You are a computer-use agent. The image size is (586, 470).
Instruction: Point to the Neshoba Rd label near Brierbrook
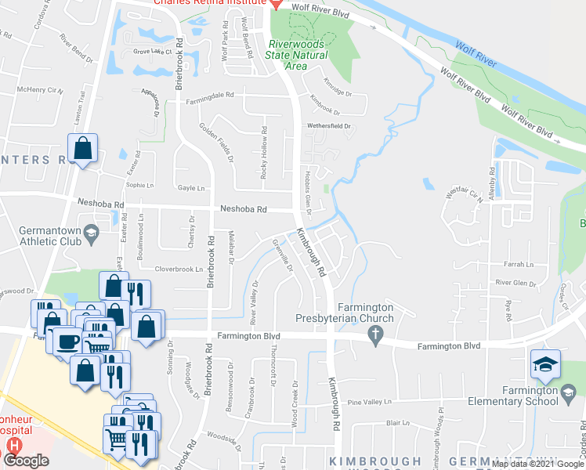click(244, 209)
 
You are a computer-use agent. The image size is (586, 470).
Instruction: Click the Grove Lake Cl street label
click(152, 52)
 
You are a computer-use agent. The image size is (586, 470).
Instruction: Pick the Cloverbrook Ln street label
click(179, 269)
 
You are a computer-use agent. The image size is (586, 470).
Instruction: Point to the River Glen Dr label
click(515, 283)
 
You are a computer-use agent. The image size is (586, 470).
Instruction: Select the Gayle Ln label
click(191, 188)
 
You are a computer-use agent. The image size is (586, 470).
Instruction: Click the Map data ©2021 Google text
click(538, 464)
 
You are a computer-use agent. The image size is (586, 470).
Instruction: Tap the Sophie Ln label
click(139, 186)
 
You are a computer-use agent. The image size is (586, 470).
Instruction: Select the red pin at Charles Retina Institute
click(276, 5)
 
